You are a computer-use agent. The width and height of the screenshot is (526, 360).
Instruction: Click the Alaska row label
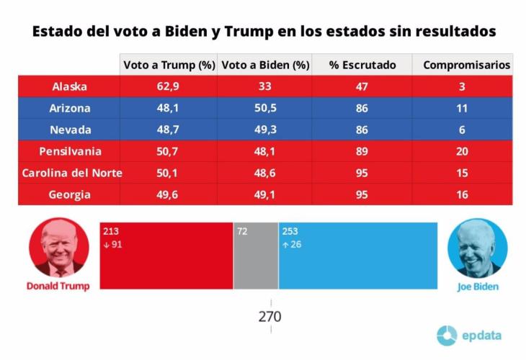[70, 86]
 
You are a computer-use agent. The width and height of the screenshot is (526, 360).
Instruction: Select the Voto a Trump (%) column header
[169, 65]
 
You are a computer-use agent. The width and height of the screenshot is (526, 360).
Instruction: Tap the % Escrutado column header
[362, 65]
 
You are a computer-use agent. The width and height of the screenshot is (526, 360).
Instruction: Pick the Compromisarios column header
[466, 65]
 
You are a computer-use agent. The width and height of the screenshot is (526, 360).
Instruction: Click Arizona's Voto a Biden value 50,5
[264, 108]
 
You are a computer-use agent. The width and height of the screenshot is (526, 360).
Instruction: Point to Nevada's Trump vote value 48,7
[169, 130]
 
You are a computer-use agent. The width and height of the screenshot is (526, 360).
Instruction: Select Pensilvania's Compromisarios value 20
[462, 151]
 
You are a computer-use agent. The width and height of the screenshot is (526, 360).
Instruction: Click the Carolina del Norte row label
[71, 173]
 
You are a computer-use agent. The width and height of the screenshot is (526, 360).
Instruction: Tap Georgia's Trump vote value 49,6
[169, 194]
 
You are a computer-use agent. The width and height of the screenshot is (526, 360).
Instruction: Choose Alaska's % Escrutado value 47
[362, 86]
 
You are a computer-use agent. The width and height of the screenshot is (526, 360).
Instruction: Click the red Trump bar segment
[166, 256]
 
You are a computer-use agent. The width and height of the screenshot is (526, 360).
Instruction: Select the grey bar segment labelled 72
[255, 256]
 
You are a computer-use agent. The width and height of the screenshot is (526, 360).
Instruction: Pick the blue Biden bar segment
[357, 256]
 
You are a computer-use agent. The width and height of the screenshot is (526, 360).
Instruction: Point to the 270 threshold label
[271, 317]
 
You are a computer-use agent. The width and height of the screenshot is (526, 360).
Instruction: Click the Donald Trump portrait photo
[59, 248]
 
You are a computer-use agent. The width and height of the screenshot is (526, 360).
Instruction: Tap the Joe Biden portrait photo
[477, 248]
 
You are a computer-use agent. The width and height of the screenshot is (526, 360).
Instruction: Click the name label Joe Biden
[477, 286]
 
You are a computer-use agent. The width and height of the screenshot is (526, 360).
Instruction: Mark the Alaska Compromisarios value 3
[462, 86]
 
